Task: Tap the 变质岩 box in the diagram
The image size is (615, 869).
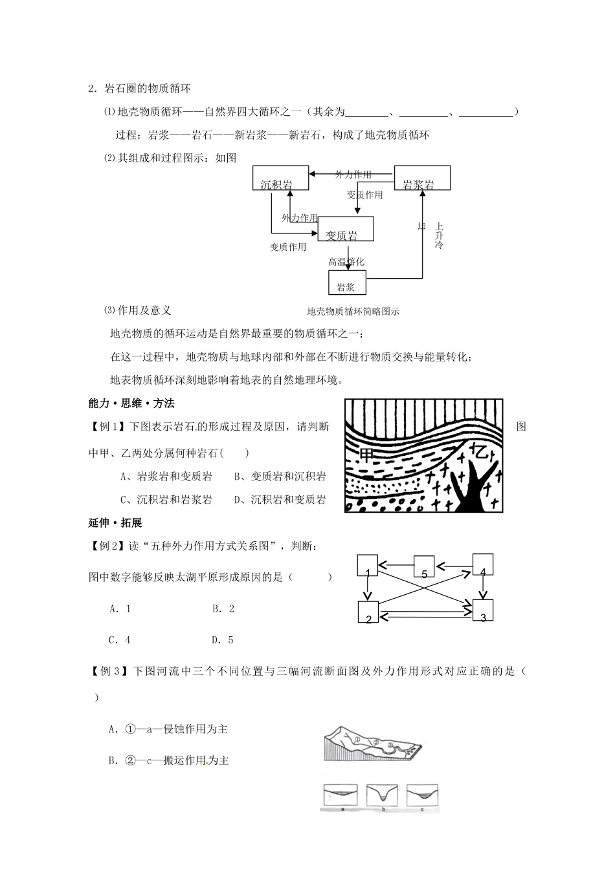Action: (x=346, y=229)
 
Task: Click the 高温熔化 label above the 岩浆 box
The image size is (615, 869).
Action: (x=346, y=262)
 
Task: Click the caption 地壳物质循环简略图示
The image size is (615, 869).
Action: (x=353, y=311)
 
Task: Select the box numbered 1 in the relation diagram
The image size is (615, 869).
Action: (x=367, y=566)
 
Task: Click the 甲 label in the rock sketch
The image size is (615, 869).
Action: (x=366, y=455)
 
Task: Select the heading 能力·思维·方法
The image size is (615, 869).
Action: (x=131, y=403)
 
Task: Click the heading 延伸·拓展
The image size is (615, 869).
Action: (x=115, y=522)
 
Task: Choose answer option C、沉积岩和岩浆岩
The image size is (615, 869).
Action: (x=166, y=500)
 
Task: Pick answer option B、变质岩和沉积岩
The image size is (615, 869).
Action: (x=280, y=477)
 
